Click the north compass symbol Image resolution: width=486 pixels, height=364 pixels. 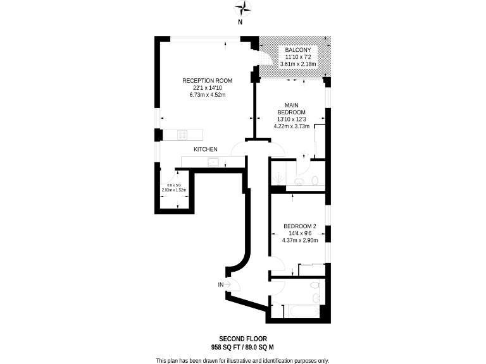pyautogui.click(x=243, y=9)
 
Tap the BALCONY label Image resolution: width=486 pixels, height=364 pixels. pyautogui.click(x=297, y=49)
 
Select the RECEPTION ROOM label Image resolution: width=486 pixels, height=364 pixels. pyautogui.click(x=207, y=80)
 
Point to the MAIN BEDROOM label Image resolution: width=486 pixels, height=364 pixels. pyautogui.click(x=291, y=108)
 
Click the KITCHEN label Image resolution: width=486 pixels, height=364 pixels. pyautogui.click(x=206, y=149)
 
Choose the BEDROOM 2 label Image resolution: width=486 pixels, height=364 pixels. pyautogui.click(x=299, y=226)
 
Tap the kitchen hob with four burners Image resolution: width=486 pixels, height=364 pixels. pyautogui.click(x=183, y=135)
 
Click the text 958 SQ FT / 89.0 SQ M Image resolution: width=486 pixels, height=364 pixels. pyautogui.click(x=242, y=347)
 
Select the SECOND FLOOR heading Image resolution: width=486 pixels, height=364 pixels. pyautogui.click(x=242, y=339)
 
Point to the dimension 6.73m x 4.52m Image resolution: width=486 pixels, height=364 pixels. pyautogui.click(x=207, y=95)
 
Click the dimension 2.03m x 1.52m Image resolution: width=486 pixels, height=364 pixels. pyautogui.click(x=175, y=190)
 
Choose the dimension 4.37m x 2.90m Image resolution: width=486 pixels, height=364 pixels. pyautogui.click(x=299, y=240)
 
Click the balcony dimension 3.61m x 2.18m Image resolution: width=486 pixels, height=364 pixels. pyautogui.click(x=297, y=64)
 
